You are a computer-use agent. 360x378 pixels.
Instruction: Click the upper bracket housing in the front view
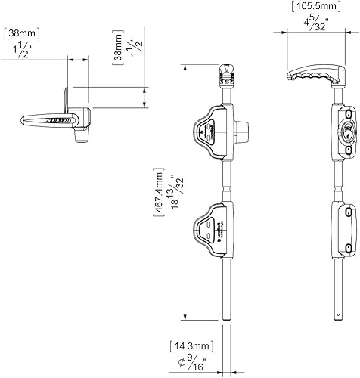213,129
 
